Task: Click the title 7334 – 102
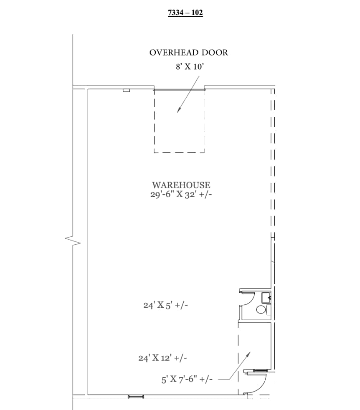185,13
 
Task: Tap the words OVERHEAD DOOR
189,53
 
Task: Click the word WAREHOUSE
181,185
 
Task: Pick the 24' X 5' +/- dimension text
165,305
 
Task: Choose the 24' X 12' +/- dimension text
162,358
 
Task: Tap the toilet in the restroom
261,310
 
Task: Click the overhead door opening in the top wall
179,89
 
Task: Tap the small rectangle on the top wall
126,90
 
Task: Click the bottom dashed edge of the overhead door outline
179,152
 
